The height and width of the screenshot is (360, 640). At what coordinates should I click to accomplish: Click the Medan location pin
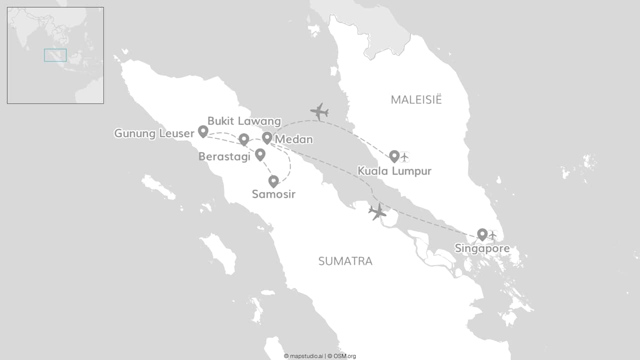coord(267,137)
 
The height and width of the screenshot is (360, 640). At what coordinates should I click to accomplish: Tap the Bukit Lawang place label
coord(244,121)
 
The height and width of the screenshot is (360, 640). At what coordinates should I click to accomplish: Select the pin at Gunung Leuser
coord(203,131)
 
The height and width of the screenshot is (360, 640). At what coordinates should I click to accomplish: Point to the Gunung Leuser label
coord(154,133)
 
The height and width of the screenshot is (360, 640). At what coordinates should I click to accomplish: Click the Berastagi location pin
coord(260,154)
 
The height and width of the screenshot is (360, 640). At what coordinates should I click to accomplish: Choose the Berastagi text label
coord(224,156)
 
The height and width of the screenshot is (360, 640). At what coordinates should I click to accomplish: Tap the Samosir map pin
coord(273,181)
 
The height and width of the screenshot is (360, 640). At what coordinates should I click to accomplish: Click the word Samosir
coord(273,194)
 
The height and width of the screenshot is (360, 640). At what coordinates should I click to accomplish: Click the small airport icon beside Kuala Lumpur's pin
coord(405,157)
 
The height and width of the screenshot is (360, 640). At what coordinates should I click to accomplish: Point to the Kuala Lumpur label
coord(394,171)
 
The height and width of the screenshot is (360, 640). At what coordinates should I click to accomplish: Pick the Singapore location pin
coord(482,234)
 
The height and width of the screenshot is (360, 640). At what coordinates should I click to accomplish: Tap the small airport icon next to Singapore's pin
coord(492,235)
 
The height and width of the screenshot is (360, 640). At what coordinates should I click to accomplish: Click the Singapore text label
coord(482,248)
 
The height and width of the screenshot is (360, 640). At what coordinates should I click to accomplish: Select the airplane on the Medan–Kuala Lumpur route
coord(319,111)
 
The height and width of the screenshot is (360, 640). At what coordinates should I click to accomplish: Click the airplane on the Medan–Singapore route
coord(377,212)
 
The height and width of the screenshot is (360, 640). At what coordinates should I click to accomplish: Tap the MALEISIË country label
coord(416,99)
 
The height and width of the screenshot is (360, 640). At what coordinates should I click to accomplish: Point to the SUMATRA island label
coord(345,261)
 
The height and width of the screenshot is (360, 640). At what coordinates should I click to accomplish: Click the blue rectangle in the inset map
coord(55,55)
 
